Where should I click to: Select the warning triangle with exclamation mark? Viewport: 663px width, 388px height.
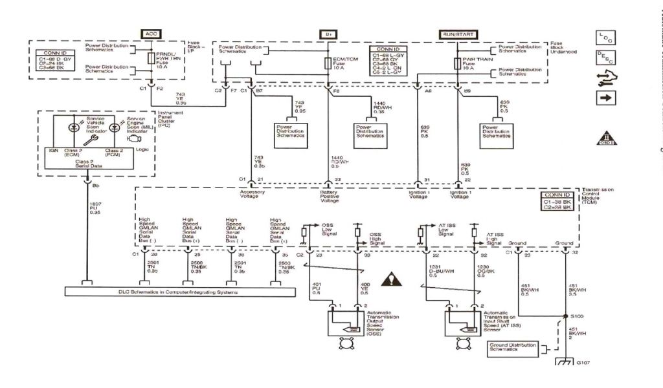tap(392, 279)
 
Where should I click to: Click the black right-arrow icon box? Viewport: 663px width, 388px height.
tap(606, 98)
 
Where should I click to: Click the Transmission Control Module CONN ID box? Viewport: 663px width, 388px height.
tap(557, 202)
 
